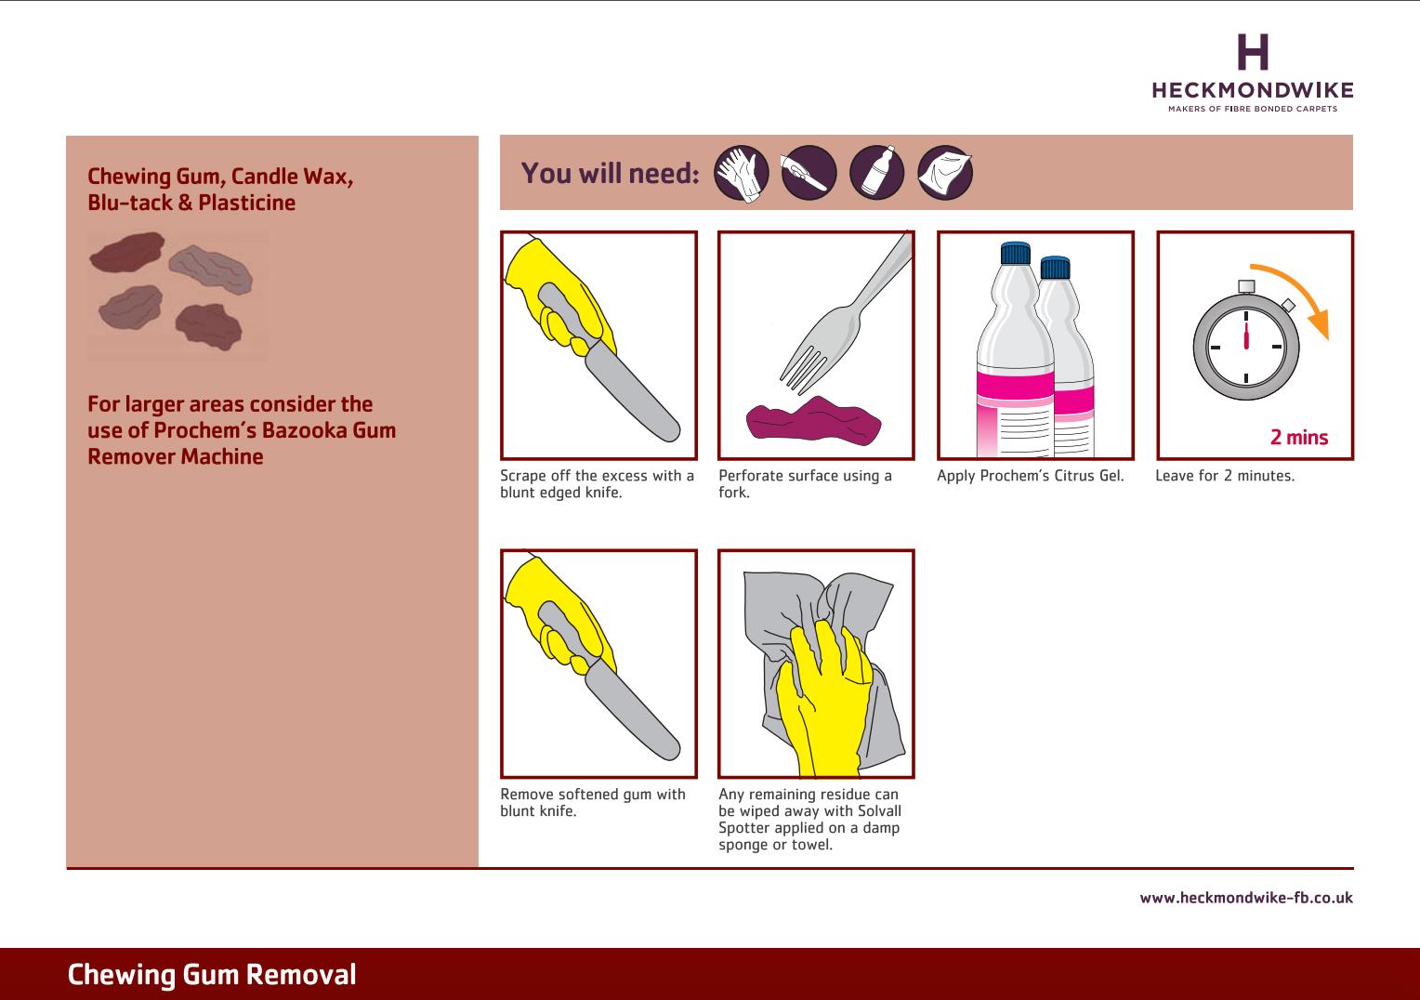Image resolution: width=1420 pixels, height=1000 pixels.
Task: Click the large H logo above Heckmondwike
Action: [x=1253, y=51]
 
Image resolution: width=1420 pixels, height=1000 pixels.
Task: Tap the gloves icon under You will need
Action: [x=741, y=173]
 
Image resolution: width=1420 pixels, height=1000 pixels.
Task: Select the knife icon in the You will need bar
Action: [x=809, y=173]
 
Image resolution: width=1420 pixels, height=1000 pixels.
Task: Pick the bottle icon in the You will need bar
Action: [x=876, y=173]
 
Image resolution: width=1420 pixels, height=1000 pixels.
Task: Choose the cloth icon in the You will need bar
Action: [x=945, y=173]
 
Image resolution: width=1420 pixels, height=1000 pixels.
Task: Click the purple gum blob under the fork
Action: [x=813, y=420]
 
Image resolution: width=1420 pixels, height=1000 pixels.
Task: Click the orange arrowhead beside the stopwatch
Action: [x=1321, y=324]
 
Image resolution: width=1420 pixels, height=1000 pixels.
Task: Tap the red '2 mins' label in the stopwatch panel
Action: [x=1299, y=437]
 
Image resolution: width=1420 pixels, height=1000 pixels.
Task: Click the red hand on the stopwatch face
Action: [x=1246, y=336]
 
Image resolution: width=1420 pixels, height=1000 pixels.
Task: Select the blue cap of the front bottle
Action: [x=1016, y=253]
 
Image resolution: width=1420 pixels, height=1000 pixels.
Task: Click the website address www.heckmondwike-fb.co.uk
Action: [x=1245, y=897]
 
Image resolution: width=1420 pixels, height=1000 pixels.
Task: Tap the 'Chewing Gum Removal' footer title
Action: [x=212, y=975]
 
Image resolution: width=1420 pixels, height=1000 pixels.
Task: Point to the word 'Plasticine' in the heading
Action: [x=246, y=203]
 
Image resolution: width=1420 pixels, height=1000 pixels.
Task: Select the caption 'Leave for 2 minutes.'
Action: [x=1225, y=476]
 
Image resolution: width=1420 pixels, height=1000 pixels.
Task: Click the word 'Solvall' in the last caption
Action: [x=879, y=811]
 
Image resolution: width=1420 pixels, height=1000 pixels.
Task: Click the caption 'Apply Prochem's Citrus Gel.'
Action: [x=1030, y=476]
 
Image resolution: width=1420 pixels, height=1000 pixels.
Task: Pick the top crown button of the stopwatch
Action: [x=1246, y=286]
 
